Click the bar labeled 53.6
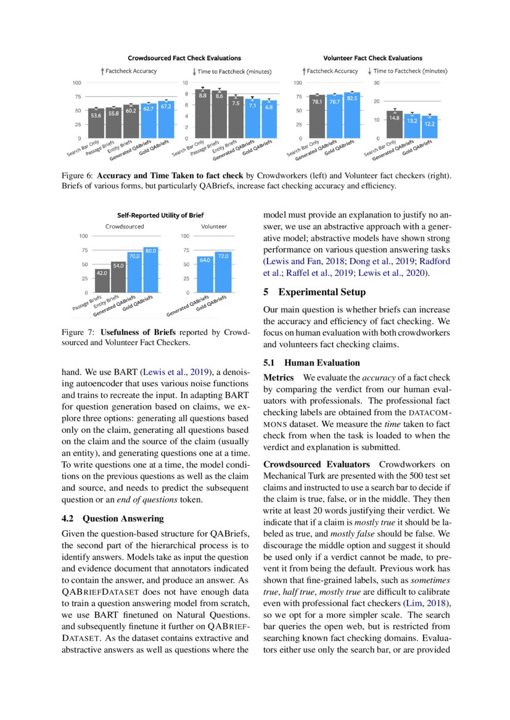point(96,123)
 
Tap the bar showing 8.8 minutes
point(203,113)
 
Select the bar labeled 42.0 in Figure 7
point(102,280)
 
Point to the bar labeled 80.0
point(150,269)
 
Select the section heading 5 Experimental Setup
point(313,292)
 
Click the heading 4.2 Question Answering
point(113,519)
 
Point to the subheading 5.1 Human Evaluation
point(311,363)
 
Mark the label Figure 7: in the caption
point(79,333)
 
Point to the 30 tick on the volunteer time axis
point(375,83)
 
